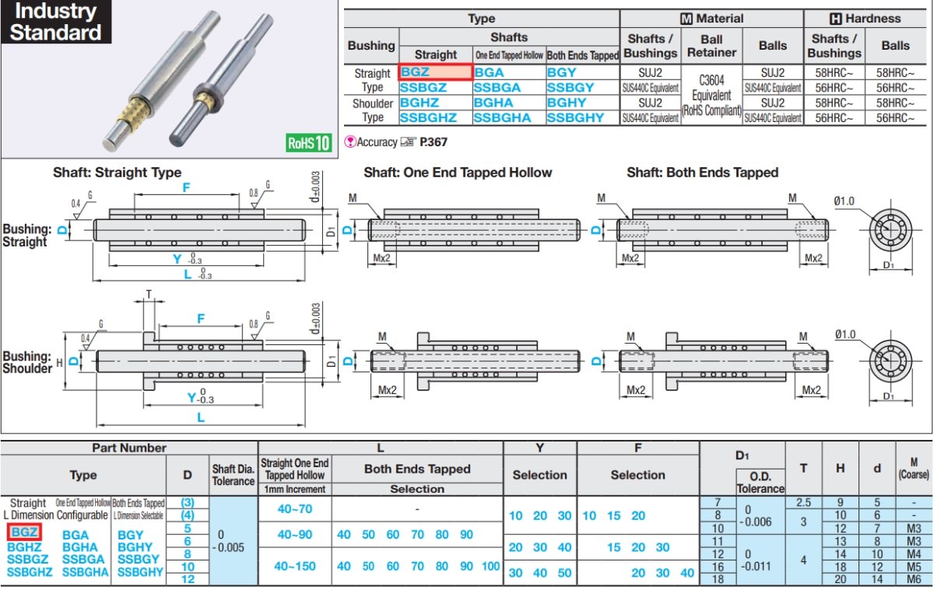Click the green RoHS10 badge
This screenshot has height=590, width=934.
pyautogui.click(x=308, y=143)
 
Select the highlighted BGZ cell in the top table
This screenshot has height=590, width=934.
pyautogui.click(x=436, y=72)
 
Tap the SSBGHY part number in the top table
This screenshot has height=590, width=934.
pyautogui.click(x=575, y=118)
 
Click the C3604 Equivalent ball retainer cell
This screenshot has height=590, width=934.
pyautogui.click(x=711, y=95)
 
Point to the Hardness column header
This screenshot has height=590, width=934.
pyautogui.click(x=866, y=19)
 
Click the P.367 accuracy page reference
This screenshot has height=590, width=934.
pyautogui.click(x=434, y=142)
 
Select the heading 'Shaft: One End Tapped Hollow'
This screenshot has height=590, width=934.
pyautogui.click(x=458, y=173)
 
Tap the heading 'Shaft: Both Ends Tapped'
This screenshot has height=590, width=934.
pyautogui.click(x=703, y=173)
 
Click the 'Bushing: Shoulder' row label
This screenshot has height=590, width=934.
pyautogui.click(x=27, y=362)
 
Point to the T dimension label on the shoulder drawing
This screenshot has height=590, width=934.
pyautogui.click(x=149, y=295)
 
